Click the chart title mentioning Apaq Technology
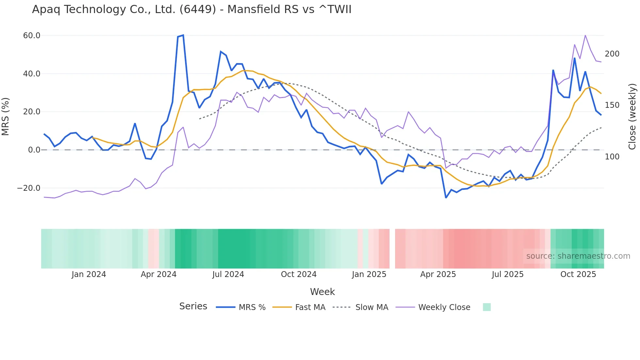pos(192,9)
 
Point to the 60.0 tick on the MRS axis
pos(32,35)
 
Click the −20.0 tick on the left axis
pos(29,188)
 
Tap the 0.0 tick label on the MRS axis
pos(34,150)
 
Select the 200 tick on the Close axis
pos(612,54)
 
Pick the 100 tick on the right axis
pos(612,157)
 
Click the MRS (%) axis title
pos(6,117)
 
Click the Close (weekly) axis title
pos(632,117)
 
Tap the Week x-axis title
pos(322,292)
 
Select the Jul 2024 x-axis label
pos(228,274)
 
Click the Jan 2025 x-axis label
pos(369,274)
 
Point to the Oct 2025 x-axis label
pos(578,274)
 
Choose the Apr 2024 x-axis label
pos(158,274)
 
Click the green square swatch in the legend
pos(487,307)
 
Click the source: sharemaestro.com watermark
pos(578,256)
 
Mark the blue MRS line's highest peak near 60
pos(183,35)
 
